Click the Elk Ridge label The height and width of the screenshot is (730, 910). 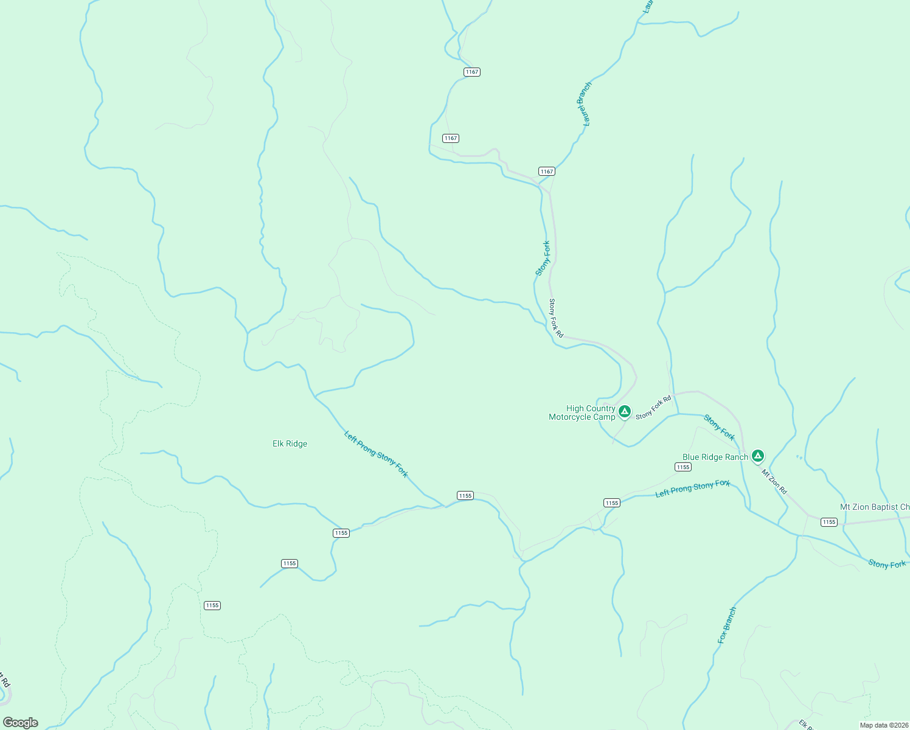point(290,444)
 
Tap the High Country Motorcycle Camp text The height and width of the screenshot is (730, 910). point(582,413)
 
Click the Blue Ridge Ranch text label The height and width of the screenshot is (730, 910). point(715,457)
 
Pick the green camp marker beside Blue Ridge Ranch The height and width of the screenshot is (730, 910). point(757,456)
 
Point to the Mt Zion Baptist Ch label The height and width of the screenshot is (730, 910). point(875,507)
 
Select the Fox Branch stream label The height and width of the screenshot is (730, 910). point(727,625)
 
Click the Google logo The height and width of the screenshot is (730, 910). point(21,723)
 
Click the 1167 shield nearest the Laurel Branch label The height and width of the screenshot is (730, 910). point(547,172)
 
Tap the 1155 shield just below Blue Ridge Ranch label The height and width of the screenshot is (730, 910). point(683,467)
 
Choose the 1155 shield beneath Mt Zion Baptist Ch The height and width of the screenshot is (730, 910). point(828,522)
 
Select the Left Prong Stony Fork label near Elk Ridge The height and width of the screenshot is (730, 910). point(376,454)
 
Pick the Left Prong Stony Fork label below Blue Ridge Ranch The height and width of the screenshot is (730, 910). point(692,488)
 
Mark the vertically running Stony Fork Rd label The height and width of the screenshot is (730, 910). point(556,318)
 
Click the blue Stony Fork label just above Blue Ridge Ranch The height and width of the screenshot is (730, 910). point(719,427)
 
